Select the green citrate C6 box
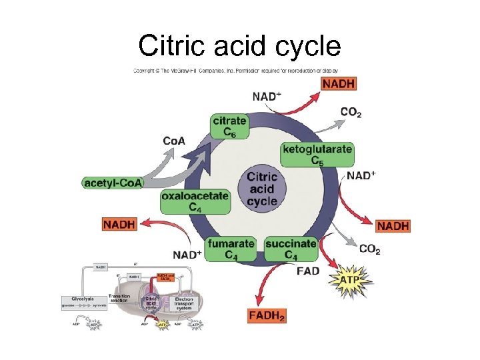click(x=229, y=127)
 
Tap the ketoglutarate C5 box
click(x=317, y=154)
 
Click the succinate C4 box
click(x=291, y=249)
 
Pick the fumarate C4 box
click(x=231, y=249)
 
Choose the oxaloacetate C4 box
click(x=195, y=201)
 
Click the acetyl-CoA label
click(x=113, y=182)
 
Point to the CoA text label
click(x=174, y=141)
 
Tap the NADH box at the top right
click(x=339, y=83)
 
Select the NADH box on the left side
click(x=119, y=224)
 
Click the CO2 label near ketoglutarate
click(x=351, y=112)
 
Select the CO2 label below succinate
click(x=369, y=249)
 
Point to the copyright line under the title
click(x=236, y=70)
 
